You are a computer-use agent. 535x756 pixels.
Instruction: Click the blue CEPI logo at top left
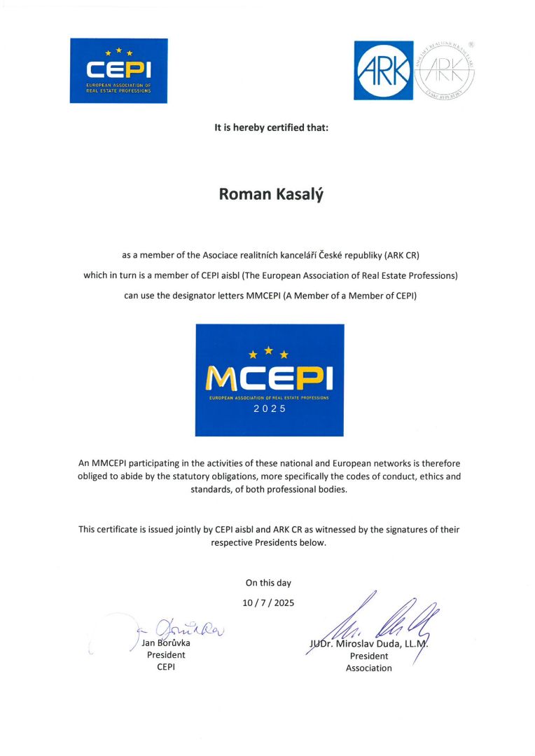[x=118, y=71]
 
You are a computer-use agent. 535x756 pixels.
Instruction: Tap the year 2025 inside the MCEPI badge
[x=270, y=409]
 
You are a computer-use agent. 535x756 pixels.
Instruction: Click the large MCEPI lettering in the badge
[x=270, y=378]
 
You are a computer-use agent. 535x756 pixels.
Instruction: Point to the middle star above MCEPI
[x=269, y=350]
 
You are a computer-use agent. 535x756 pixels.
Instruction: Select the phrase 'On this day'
[x=268, y=582]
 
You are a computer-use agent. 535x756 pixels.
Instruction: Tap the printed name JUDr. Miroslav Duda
[x=367, y=644]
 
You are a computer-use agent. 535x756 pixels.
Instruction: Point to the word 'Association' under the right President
[x=369, y=668]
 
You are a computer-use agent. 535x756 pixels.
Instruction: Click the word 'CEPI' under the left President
[x=166, y=667]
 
